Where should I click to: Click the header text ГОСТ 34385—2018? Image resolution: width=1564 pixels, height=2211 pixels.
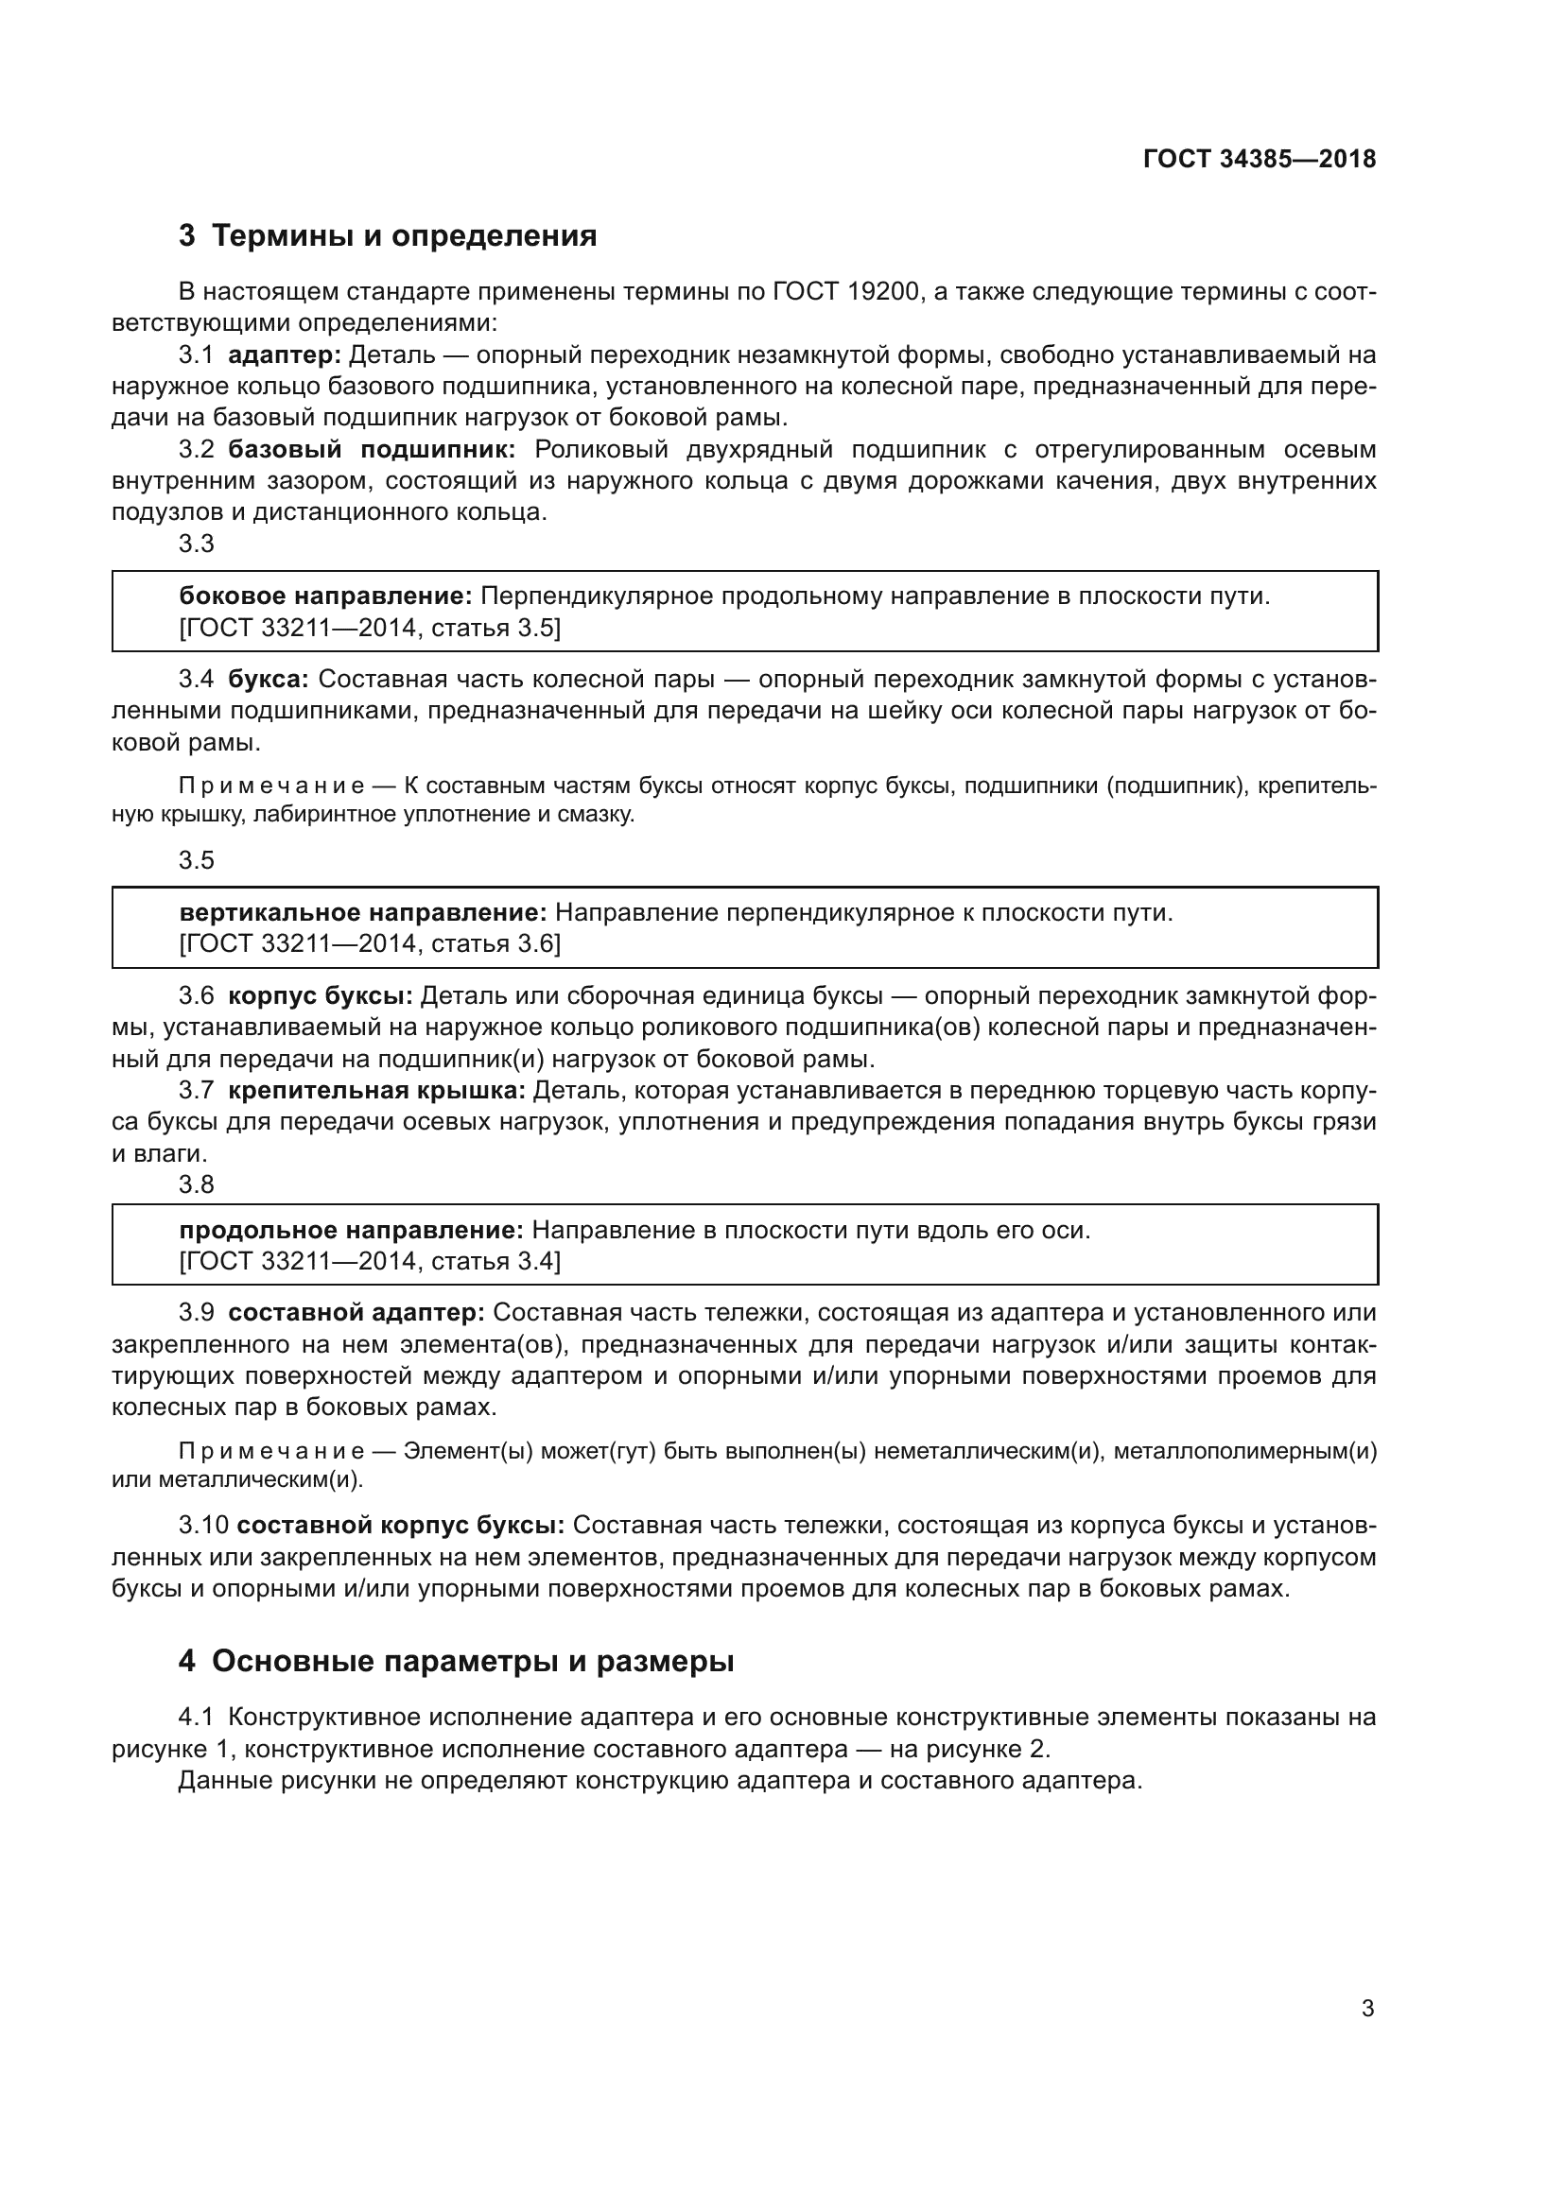point(1259,160)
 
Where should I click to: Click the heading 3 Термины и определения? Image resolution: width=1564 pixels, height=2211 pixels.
point(387,236)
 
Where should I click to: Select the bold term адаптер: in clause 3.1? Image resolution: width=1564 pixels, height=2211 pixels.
point(284,355)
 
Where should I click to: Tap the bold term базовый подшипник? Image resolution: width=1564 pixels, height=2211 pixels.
point(372,450)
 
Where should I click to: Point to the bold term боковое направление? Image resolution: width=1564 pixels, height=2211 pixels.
point(325,596)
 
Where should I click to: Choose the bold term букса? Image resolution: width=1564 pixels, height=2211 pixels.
point(268,680)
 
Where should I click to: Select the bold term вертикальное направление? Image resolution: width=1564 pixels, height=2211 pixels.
point(363,912)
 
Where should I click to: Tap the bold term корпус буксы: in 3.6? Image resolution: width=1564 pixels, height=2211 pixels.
point(320,995)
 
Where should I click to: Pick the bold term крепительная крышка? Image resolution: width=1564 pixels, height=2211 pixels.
point(375,1090)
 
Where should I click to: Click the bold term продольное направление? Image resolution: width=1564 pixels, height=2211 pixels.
point(352,1230)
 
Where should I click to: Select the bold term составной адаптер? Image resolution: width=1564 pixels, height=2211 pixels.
point(356,1313)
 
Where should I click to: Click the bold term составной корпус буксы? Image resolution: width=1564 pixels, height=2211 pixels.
point(400,1526)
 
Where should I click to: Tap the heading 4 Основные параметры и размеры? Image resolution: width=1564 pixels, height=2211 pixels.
point(457,1661)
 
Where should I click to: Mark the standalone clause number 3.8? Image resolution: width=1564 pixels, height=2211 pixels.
point(197,1183)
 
